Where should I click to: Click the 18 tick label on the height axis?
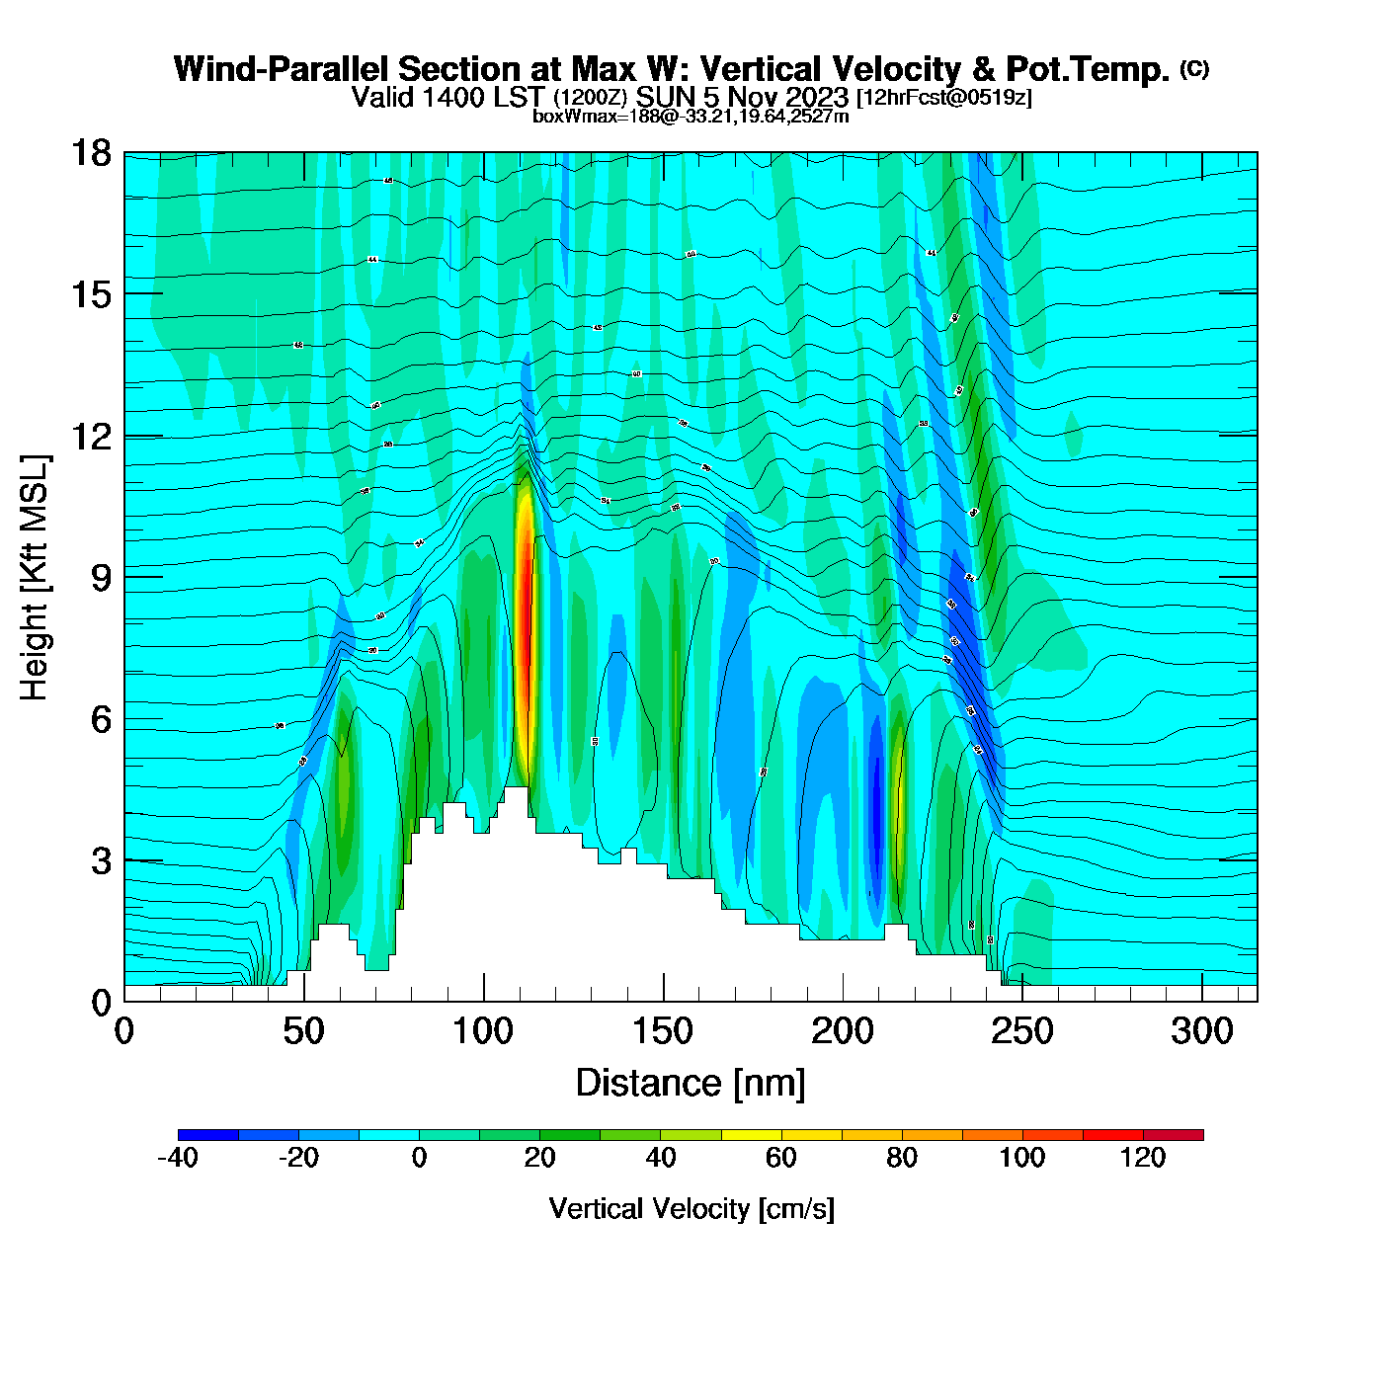(90, 153)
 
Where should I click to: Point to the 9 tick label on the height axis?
(101, 578)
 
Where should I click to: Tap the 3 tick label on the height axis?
(101, 861)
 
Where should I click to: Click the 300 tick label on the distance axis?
(1202, 1032)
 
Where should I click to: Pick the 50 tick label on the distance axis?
(303, 1032)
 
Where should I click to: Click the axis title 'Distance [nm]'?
(691, 1084)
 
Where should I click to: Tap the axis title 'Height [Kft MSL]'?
(35, 578)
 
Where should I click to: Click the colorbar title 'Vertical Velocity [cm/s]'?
(691, 1208)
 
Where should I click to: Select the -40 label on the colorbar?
(178, 1158)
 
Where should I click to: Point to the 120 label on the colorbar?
(1143, 1158)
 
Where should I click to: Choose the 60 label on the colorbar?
(781, 1158)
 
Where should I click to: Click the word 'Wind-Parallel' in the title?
(281, 69)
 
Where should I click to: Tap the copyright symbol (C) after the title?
(1194, 68)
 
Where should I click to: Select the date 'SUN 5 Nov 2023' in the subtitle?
(742, 97)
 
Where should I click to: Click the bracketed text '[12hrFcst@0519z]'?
(943, 97)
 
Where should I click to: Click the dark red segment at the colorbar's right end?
(1173, 1135)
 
